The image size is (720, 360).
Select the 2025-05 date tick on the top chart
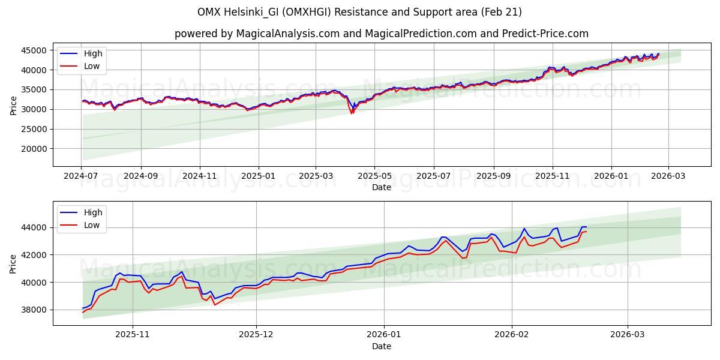pyautogui.click(x=374, y=176)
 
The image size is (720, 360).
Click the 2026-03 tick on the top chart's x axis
pyautogui.click(x=669, y=176)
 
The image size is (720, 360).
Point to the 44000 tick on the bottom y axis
pyautogui.click(x=35, y=227)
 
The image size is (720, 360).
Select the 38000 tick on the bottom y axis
pyautogui.click(x=35, y=310)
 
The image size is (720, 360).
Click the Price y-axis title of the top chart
pyautogui.click(x=13, y=105)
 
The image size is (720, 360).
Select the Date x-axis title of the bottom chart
pyautogui.click(x=382, y=346)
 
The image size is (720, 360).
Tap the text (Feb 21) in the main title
pyautogui.click(x=502, y=12)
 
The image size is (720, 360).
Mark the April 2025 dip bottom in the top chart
pyautogui.click(x=352, y=113)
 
